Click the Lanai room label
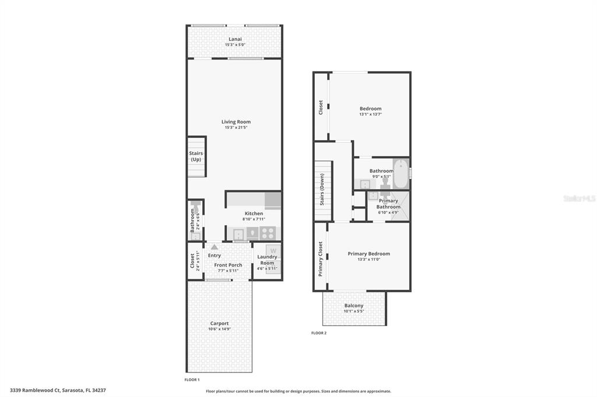235,39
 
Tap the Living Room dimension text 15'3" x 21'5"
236,127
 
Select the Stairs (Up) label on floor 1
196,156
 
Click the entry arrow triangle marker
215,247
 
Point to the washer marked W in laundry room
273,251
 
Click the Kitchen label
254,214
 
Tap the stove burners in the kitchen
268,233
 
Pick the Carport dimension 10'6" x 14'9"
219,329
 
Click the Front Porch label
228,265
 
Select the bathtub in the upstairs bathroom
401,174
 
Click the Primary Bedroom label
368,254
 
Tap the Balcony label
354,306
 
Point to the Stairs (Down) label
322,189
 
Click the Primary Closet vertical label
320,259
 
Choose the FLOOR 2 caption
319,333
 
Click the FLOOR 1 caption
192,380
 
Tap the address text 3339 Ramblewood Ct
35,390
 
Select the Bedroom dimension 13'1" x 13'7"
370,115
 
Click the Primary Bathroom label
388,204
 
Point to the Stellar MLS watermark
580,198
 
